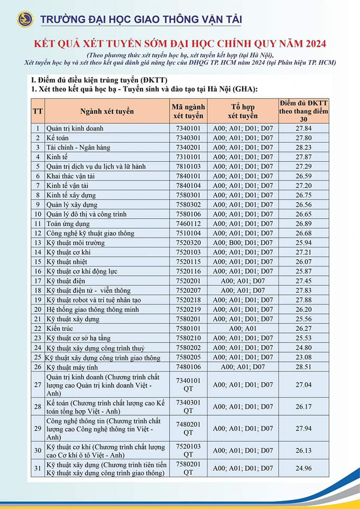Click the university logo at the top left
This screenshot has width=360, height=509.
[25, 20]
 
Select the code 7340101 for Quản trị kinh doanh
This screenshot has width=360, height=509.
[189, 128]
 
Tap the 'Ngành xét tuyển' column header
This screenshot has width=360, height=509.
[107, 111]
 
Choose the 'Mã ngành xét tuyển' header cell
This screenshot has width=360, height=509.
[189, 111]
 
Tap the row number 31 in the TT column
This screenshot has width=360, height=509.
[38, 468]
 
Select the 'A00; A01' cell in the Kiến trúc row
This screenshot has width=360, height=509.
[243, 329]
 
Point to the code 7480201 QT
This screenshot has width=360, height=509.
[189, 428]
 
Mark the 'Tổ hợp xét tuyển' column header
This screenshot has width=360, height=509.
[243, 111]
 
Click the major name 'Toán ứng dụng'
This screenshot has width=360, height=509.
[68, 224]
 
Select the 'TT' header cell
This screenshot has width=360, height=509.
[38, 111]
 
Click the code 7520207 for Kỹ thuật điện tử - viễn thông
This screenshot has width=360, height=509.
[189, 291]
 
